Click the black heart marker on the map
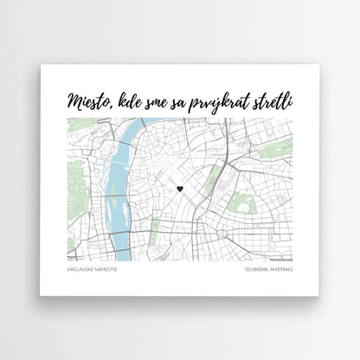[x=179, y=188]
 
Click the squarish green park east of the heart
[x=245, y=205]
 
